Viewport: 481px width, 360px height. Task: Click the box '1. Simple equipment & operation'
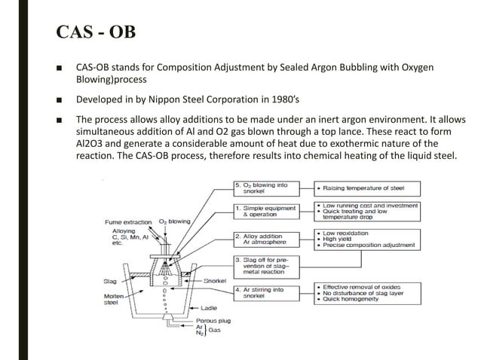tap(264, 211)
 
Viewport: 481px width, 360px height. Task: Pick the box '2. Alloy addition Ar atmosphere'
tap(264, 239)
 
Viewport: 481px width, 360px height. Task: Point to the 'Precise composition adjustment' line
tap(369, 246)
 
